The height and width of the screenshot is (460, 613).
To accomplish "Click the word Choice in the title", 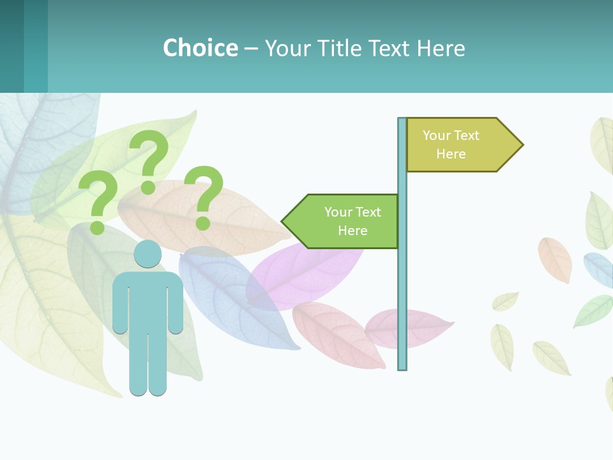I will point(200,48).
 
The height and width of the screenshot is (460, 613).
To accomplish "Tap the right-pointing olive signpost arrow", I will point(460,144).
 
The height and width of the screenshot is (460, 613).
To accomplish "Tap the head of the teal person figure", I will point(148,254).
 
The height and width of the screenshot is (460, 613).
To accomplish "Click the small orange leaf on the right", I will point(554,259).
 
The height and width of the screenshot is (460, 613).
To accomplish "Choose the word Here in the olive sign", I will point(451,154).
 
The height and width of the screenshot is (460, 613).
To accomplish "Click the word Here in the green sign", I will point(352,231).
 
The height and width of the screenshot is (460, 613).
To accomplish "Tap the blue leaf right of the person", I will point(230,294).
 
